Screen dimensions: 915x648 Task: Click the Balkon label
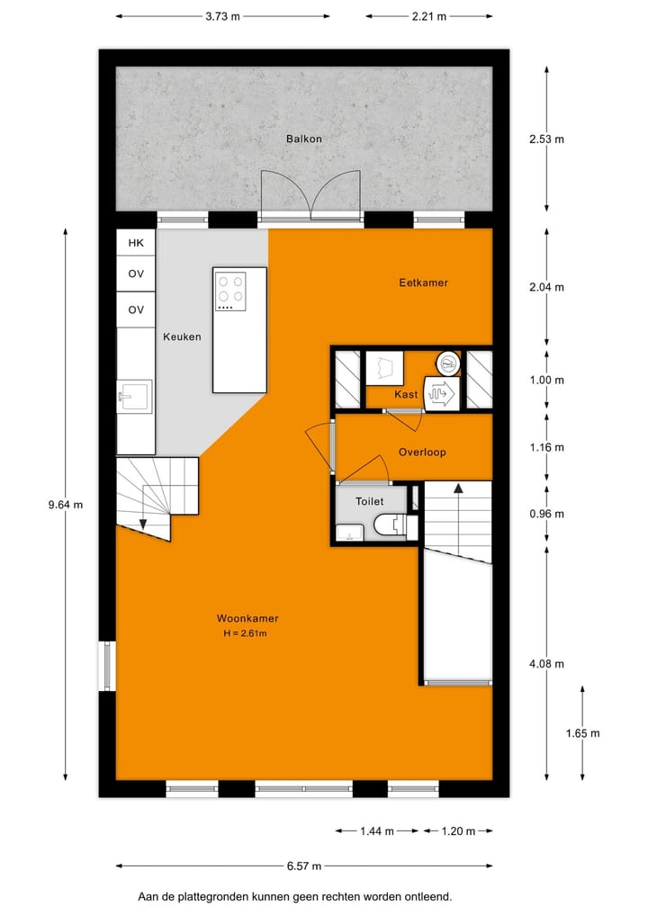[304, 139]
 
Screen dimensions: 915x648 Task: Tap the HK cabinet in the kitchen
[136, 243]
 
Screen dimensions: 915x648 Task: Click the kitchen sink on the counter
[134, 395]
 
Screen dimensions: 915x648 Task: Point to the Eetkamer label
[423, 283]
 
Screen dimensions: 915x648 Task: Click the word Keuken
[182, 337]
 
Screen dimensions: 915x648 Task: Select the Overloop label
[422, 453]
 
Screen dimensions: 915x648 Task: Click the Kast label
[406, 394]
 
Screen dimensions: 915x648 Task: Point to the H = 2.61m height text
[247, 633]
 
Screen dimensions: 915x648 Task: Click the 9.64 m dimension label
[65, 505]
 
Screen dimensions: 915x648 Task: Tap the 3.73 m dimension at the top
[222, 16]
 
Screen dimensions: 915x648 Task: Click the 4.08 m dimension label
[546, 665]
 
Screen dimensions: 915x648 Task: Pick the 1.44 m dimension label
[376, 831]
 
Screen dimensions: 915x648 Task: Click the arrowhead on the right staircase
[458, 489]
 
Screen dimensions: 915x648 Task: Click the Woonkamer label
[247, 619]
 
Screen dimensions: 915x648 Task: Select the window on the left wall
[107, 666]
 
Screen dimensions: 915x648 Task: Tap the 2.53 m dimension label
[546, 139]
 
